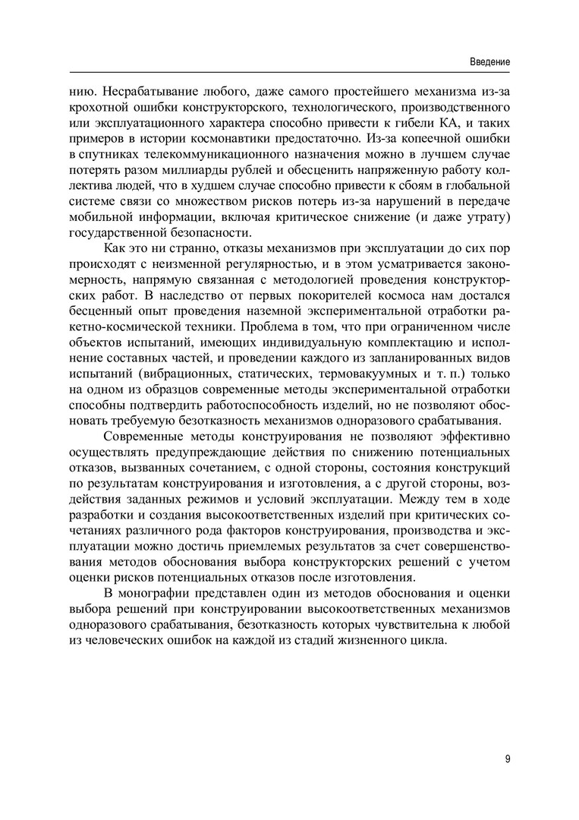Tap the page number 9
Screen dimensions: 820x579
506,758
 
